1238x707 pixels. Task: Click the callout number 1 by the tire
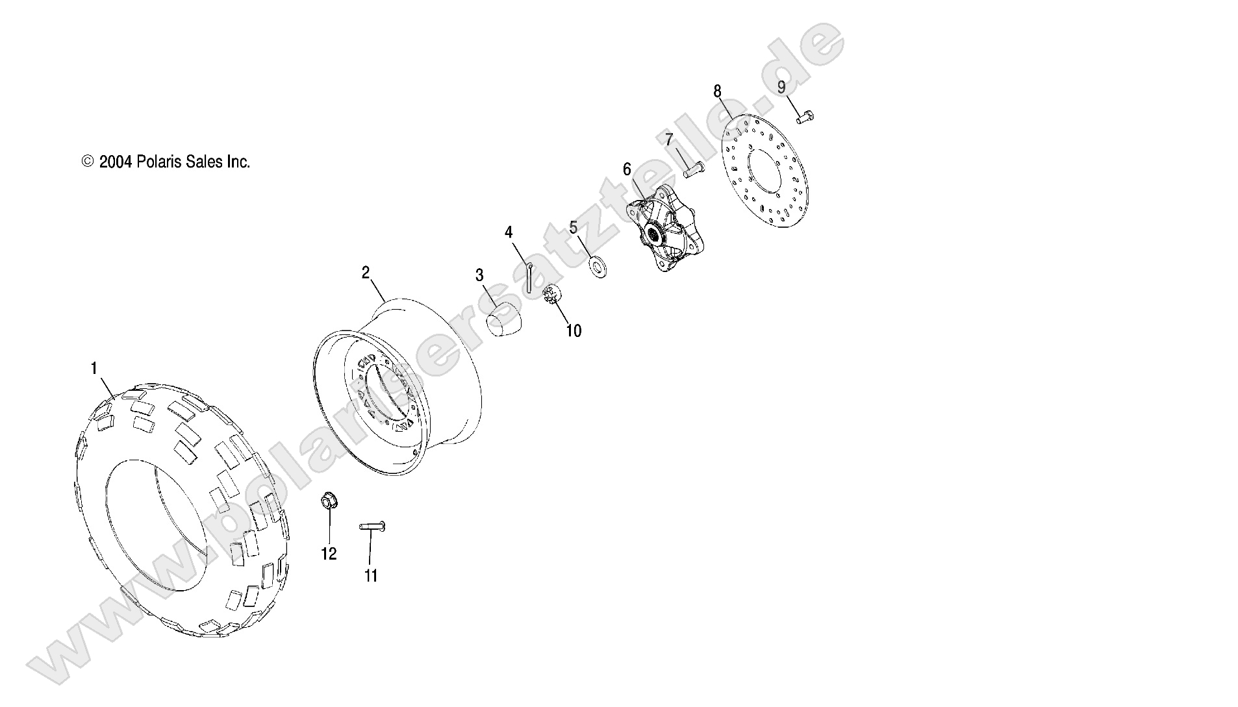[94, 369]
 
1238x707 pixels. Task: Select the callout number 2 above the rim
[366, 273]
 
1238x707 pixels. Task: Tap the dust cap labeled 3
[503, 320]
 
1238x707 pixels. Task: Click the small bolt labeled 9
[805, 117]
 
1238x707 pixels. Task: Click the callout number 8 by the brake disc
[717, 92]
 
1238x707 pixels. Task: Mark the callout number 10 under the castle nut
[574, 331]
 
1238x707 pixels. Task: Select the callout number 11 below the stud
[371, 576]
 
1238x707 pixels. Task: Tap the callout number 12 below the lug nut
[329, 554]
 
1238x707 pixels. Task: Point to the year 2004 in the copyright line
[116, 162]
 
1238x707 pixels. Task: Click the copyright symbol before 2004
[88, 162]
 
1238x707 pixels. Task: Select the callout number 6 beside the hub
[627, 169]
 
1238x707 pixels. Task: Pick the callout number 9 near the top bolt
[781, 87]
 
